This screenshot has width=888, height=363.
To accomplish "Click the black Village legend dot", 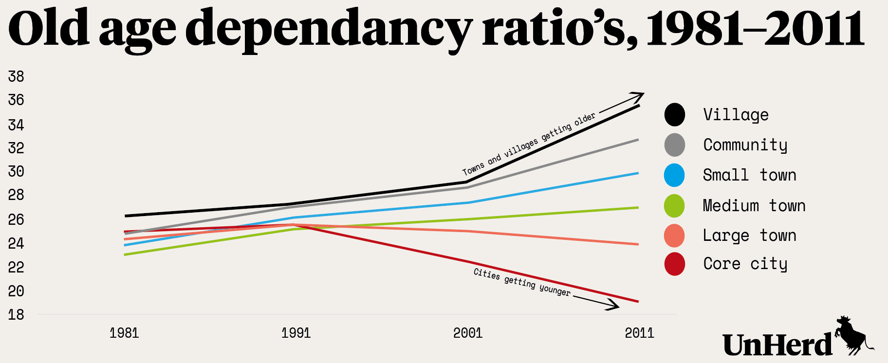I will (675, 115).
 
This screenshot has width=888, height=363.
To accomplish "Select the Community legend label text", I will (745, 145).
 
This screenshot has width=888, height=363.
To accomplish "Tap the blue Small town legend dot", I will (674, 175).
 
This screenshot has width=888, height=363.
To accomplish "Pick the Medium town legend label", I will (754, 206).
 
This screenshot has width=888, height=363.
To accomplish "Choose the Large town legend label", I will (749, 236).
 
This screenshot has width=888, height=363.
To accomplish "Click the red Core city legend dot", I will (674, 264).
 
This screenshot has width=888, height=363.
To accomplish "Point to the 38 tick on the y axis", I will (16, 76).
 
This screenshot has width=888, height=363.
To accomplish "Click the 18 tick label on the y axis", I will (16, 315).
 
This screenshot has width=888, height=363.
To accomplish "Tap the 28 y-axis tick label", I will (16, 195).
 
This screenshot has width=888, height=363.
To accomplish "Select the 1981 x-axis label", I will (124, 333).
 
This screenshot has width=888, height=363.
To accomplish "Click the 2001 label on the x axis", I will (467, 333).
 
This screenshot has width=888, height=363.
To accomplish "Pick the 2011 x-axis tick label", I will (639, 333).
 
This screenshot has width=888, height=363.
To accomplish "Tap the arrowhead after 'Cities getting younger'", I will (615, 307).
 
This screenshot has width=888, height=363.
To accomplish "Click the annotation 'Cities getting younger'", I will (521, 282).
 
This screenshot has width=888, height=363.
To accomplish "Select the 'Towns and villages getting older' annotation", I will (529, 145).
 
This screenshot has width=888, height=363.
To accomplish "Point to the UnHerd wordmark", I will (777, 345).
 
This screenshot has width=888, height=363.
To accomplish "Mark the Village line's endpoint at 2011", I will (639, 106).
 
